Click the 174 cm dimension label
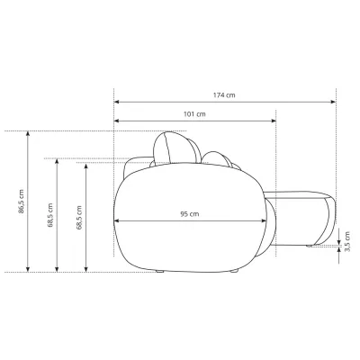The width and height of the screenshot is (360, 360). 224,95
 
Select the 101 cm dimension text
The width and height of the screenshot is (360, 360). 194,114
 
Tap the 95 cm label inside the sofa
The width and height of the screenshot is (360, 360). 190,214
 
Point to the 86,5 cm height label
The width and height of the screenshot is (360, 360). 21,202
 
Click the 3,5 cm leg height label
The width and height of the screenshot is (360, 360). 347,241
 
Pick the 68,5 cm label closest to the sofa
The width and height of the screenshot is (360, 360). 79,218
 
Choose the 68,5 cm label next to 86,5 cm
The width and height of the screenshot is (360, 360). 50,215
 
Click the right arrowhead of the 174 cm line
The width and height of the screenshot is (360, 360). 333,102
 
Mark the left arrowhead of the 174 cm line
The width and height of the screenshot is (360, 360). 117,102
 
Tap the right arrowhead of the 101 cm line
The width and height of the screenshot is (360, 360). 274,121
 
